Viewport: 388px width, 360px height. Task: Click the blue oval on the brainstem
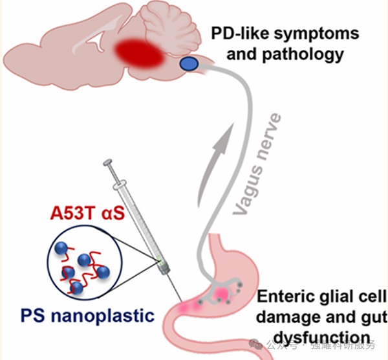(189, 63)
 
